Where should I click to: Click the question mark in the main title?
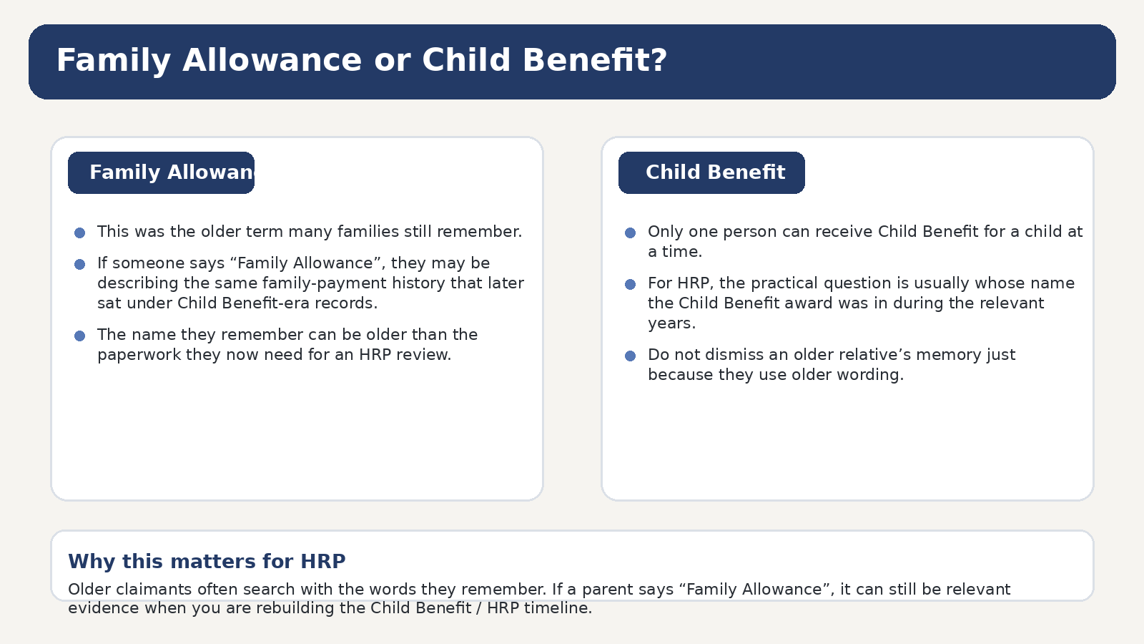659,60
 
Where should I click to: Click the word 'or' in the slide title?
393,60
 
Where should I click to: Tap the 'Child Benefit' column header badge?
711,172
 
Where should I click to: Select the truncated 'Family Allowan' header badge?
161,172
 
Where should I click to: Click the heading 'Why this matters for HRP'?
207,561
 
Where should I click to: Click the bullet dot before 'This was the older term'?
79,233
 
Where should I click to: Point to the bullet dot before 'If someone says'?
79,264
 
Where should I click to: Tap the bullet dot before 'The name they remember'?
79,336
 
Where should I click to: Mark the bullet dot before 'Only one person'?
630,233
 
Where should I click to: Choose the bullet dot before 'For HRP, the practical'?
630,284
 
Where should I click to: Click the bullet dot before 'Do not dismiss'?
630,356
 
